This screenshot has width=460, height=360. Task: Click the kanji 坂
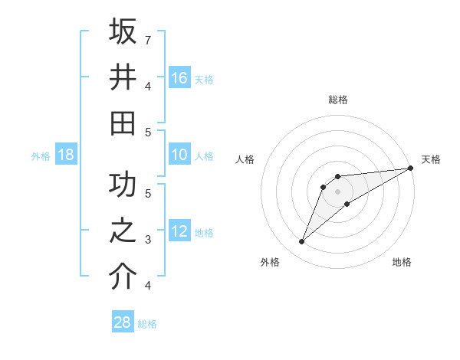coord(123,31)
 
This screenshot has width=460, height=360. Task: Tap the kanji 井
coord(123,77)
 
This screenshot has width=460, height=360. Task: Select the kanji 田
coord(123,123)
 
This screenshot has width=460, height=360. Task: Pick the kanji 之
coord(123,231)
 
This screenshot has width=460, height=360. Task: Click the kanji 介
coord(123,277)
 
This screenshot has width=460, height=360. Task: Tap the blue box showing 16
coord(179,78)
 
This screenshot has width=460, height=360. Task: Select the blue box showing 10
coord(179,155)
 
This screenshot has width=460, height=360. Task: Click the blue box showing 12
coord(179,232)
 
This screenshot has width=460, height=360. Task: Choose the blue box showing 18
coord(66,155)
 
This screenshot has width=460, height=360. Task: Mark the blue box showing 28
coord(122,322)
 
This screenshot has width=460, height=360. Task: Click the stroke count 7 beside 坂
coord(148,39)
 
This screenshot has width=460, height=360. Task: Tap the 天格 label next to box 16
coord(204,79)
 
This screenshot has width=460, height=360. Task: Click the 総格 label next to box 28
coord(147,324)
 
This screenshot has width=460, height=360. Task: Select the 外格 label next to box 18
coord(41,156)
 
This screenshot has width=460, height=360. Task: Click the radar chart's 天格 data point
coord(410,169)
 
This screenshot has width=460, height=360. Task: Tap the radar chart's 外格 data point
coord(301,242)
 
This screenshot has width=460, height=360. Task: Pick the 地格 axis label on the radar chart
coord(402,263)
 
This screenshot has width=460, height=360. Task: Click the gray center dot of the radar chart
coord(338,191)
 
